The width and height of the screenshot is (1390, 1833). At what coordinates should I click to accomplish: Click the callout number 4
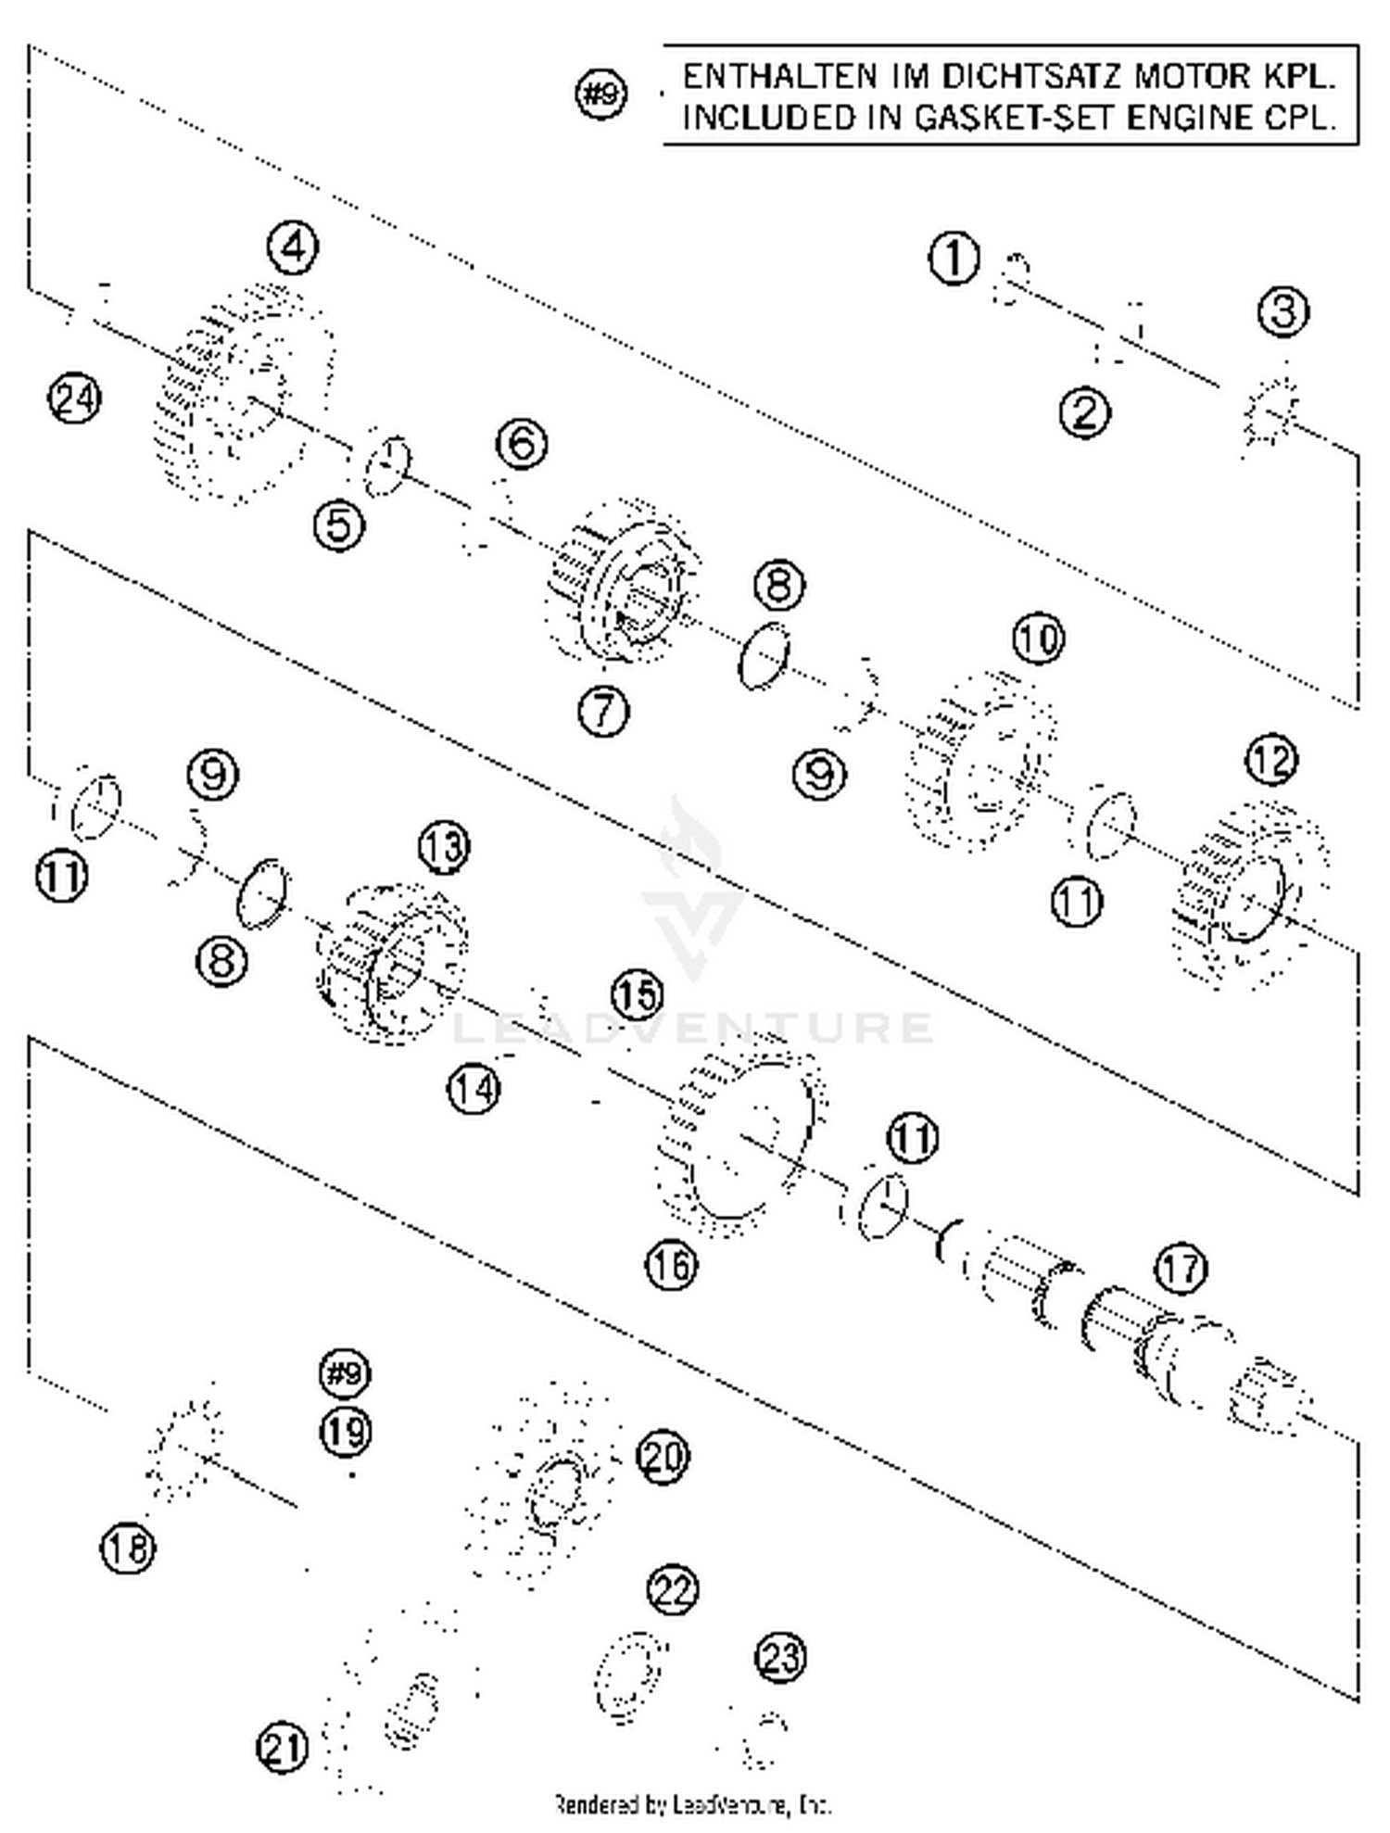point(293,247)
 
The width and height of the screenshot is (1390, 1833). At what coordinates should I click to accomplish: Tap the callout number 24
point(74,399)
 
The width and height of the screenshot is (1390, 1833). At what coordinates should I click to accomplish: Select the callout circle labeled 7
point(603,711)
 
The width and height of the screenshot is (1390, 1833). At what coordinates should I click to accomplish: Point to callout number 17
point(1181,1268)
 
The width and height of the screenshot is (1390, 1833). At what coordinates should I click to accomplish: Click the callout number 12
point(1270,761)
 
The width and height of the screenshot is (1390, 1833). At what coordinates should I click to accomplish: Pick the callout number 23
point(780,1656)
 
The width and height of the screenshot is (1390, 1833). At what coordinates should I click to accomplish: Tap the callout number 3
point(1283,311)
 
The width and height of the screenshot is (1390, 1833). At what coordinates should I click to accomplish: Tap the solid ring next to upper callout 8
point(764,655)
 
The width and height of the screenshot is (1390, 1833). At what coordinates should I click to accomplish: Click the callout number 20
point(663,1457)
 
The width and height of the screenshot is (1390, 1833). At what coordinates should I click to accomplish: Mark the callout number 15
point(638,994)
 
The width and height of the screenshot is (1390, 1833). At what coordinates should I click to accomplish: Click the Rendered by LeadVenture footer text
point(693,1803)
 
